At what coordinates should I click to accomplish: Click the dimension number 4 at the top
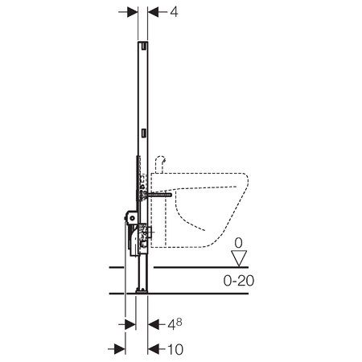pos(174,12)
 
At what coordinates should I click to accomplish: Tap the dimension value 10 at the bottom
pos(175,349)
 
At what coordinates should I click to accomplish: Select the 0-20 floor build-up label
pos(239,281)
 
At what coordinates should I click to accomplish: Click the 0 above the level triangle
pos(238,243)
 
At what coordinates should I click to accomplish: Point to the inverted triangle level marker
pos(239,258)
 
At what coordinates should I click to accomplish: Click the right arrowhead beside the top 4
pos(154,12)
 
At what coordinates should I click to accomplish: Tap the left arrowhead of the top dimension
pos(132,12)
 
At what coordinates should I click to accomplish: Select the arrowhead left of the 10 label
pos(154,349)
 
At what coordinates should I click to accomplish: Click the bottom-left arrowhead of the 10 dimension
pos(120,349)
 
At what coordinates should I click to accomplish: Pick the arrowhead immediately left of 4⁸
pos(154,325)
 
